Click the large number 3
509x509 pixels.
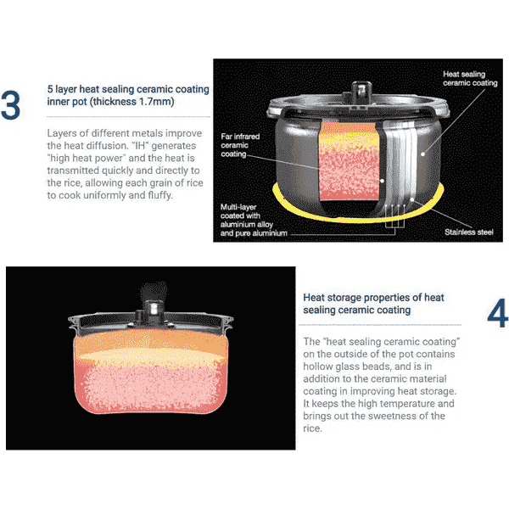click(x=10, y=105)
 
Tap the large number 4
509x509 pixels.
click(x=497, y=313)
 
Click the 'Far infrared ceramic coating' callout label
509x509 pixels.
click(x=240, y=145)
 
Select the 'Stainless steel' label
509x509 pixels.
click(x=469, y=232)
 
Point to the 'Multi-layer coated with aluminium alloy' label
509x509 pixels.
click(x=247, y=215)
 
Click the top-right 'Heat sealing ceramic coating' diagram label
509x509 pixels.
click(x=470, y=79)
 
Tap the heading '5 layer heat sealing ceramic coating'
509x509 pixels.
click(x=128, y=89)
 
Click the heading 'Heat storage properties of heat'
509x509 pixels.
click(x=373, y=298)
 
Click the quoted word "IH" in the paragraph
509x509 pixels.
click(x=140, y=145)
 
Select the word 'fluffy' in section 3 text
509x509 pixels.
click(x=159, y=195)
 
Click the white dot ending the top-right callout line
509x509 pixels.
click(x=422, y=154)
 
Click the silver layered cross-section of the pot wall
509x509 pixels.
click(x=400, y=162)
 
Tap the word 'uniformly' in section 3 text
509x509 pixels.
click(x=104, y=195)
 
